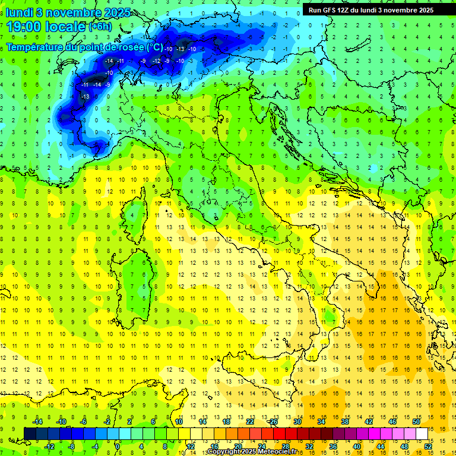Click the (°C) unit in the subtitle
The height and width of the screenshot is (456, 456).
[154, 47]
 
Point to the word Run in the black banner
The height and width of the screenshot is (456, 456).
[314, 10]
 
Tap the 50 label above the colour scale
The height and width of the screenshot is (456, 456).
[416, 422]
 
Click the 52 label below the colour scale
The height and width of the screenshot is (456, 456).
[428, 446]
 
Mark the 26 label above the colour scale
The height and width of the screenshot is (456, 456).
[273, 422]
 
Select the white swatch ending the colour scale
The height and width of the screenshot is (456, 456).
[422, 433]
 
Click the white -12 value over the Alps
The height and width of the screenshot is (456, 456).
[157, 61]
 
